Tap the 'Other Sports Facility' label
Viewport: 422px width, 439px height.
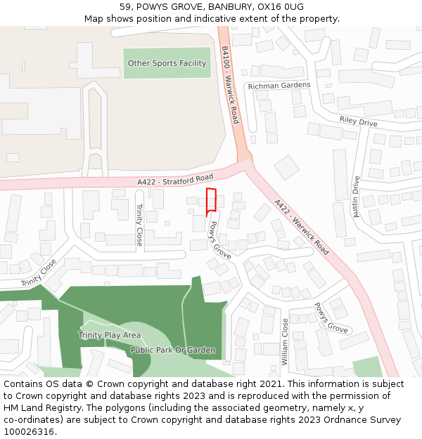pyautogui.click(x=167, y=63)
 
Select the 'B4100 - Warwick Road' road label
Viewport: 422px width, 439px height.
pyautogui.click(x=230, y=85)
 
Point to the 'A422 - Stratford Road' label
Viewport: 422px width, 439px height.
pyautogui.click(x=175, y=180)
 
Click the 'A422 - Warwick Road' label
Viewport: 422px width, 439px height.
pyautogui.click(x=302, y=227)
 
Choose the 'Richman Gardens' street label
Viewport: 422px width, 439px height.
pyautogui.click(x=279, y=86)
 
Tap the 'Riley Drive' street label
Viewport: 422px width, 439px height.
pyautogui.click(x=358, y=121)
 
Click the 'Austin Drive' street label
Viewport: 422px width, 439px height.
pyautogui.click(x=356, y=196)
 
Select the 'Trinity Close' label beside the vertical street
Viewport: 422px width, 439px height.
pyautogui.click(x=139, y=224)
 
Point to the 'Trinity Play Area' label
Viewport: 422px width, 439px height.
pyautogui.click(x=110, y=335)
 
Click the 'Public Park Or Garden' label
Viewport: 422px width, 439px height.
pyautogui.click(x=173, y=350)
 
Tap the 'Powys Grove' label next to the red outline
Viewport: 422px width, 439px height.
pyautogui.click(x=220, y=240)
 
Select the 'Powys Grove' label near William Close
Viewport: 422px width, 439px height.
pyautogui.click(x=331, y=318)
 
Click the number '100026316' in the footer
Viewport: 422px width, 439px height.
pyautogui.click(x=29, y=432)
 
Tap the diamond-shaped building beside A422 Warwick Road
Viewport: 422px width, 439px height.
pyautogui.click(x=286, y=168)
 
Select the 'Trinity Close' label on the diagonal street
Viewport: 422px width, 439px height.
pyautogui.click(x=38, y=273)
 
